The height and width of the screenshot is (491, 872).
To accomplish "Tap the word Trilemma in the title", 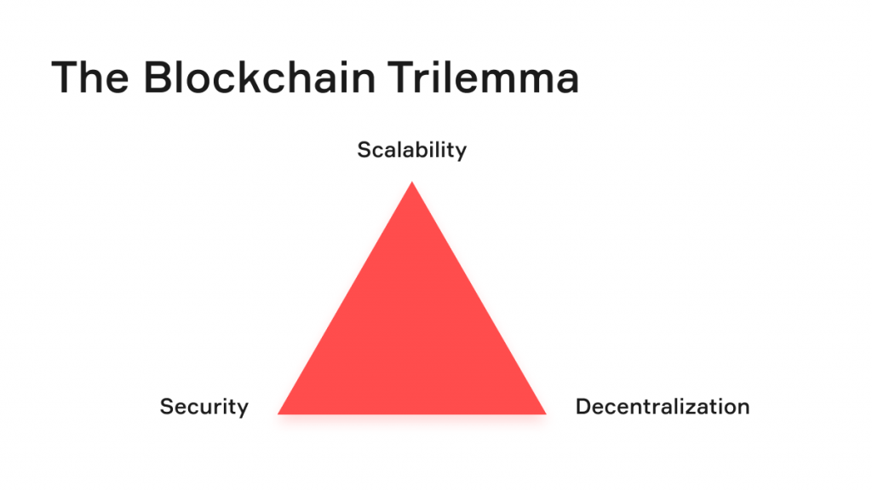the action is pyautogui.click(x=484, y=77).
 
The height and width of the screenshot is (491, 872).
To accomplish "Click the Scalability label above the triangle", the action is pyautogui.click(x=411, y=150).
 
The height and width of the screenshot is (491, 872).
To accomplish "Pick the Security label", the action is pyautogui.click(x=204, y=407).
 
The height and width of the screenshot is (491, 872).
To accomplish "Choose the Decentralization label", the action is pyautogui.click(x=663, y=407).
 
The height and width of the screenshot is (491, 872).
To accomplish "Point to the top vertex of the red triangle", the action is pyautogui.click(x=412, y=182).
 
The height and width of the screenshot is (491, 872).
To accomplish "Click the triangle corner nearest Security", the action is pyautogui.click(x=278, y=414).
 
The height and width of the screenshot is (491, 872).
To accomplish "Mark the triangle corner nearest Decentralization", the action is pyautogui.click(x=546, y=414).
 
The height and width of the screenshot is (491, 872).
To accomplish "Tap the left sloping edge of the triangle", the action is pyautogui.click(x=345, y=297).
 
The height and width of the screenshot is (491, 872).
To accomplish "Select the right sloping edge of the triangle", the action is pyautogui.click(x=479, y=297).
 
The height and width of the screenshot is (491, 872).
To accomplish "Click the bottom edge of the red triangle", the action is pyautogui.click(x=412, y=413).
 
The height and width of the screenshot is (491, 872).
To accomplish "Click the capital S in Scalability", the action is pyautogui.click(x=364, y=150).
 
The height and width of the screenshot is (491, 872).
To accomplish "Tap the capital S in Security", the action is pyautogui.click(x=168, y=407).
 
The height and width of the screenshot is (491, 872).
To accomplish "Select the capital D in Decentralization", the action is pyautogui.click(x=583, y=407).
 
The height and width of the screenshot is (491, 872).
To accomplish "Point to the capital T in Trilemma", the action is pyautogui.click(x=402, y=78).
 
